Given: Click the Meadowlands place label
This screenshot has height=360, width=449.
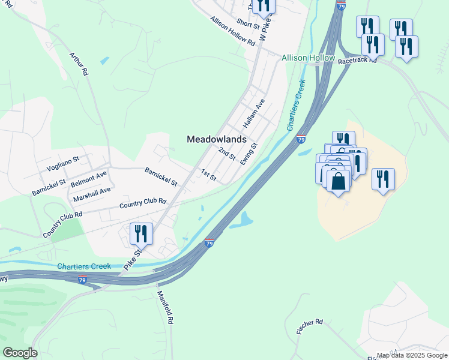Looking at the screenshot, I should coord(217,139).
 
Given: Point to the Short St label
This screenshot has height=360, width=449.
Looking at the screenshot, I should coord(247,23).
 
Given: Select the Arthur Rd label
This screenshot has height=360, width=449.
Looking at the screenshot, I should coord(79,64).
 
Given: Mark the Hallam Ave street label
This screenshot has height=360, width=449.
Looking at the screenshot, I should coord(254,113).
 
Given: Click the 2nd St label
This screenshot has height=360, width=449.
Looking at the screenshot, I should coord(227,154).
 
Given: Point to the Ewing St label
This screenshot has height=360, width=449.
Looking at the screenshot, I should coord(249,154).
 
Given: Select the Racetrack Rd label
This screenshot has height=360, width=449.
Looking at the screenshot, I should coord(357,61).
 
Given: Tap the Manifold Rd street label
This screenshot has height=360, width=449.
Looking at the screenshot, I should coord(165,307).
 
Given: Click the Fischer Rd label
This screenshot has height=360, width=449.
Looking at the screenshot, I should coord(310,326).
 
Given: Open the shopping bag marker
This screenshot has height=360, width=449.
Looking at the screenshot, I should coord(339,181).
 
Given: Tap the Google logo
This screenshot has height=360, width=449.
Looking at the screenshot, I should coord(20,353).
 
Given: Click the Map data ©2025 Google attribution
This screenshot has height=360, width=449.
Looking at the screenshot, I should coord(412,355).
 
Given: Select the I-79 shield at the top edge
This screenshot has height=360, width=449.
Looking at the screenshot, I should coord(341,6).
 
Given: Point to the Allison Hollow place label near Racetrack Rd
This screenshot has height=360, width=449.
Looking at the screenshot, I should coord(309,58).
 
